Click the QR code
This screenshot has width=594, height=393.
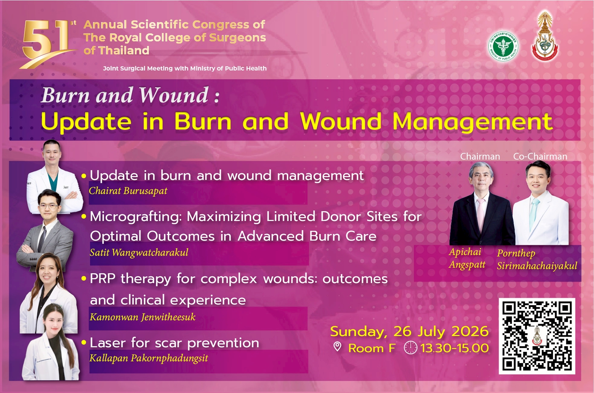coord(537,336)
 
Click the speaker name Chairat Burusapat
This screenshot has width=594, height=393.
coord(128,191)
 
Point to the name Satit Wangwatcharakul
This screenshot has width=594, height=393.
coord(139,253)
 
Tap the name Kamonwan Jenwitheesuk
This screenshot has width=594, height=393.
coord(143,317)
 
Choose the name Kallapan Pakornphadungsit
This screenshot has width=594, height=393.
coord(149,358)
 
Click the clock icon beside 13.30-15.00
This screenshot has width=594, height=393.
coord(411,348)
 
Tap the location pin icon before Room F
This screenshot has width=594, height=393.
coord(337,347)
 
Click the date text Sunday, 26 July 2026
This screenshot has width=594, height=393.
coord(409,331)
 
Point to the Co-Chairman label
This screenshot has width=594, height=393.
coord(540,156)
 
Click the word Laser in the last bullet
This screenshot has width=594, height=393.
coord(108,343)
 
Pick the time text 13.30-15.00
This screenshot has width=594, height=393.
coord(454,348)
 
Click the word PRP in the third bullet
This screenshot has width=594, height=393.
coord(103,279)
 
